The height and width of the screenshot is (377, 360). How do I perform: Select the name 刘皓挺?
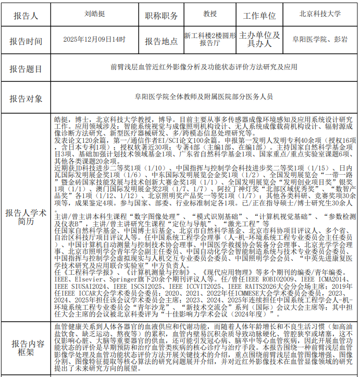94,14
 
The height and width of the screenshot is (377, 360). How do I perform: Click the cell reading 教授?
210,14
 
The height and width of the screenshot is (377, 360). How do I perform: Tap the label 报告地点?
161,41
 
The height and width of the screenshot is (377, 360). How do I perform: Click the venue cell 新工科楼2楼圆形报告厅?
210,40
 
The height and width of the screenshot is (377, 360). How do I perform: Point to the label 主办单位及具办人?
259,40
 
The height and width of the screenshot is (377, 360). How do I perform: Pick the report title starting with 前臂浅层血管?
204,67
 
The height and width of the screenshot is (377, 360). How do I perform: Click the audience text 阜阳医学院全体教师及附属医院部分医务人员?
204,96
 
